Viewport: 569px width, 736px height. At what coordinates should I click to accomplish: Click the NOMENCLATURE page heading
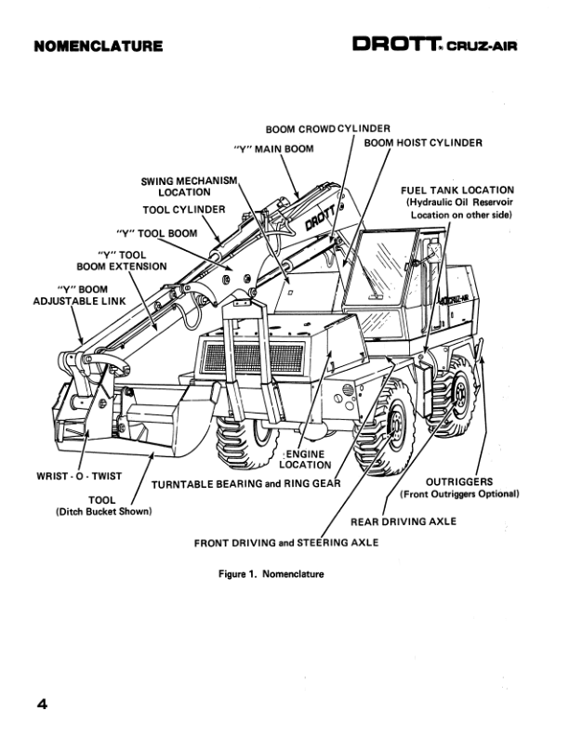(98, 46)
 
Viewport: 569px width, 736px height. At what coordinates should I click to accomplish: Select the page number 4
(42, 703)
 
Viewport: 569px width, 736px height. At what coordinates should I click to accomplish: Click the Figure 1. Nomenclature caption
(271, 574)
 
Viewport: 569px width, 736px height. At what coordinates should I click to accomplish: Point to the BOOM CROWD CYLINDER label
(327, 128)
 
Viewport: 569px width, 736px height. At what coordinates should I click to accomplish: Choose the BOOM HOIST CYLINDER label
(422, 143)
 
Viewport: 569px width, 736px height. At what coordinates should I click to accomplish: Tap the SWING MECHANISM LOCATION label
(191, 186)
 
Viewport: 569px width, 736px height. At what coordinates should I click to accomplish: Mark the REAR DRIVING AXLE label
(403, 521)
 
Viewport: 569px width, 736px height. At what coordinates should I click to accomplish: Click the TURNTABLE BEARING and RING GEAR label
(246, 484)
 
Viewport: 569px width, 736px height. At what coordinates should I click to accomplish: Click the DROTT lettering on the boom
(321, 216)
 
